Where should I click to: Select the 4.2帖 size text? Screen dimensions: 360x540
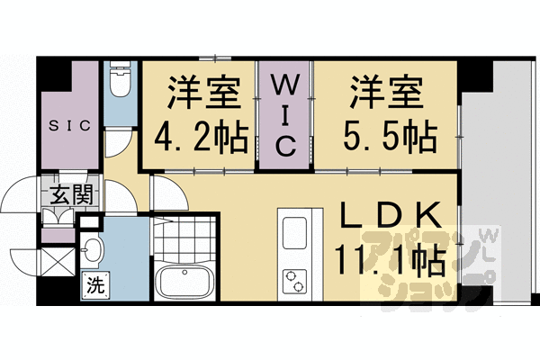tap(200, 137)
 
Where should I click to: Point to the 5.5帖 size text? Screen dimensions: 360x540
tap(389, 137)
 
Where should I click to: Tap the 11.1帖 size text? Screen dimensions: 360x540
tap(389, 260)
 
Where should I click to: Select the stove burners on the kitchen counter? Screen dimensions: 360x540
tap(296, 280)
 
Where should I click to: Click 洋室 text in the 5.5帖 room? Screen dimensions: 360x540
tap(389, 94)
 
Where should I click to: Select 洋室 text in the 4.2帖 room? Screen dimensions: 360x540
tap(200, 94)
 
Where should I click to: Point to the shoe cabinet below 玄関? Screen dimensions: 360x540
tap(59, 216)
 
